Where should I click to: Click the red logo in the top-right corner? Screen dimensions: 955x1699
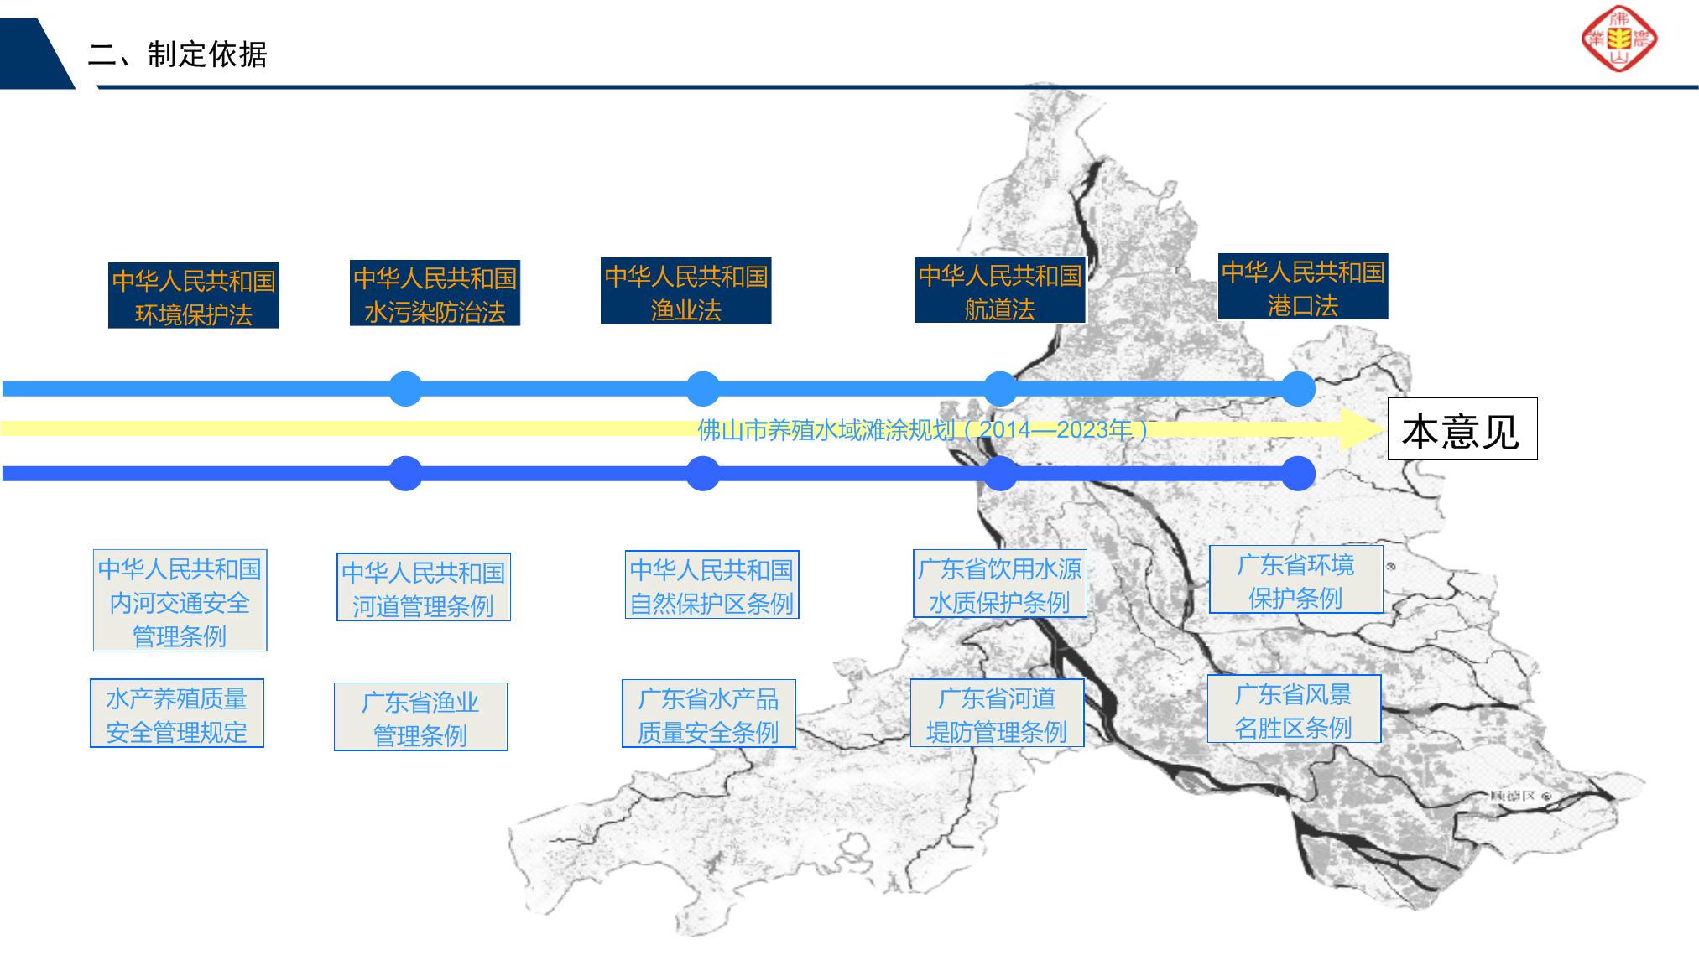(1618, 39)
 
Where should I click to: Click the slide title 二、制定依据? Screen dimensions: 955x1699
(178, 54)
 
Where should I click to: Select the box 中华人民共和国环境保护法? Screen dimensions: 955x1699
(193, 296)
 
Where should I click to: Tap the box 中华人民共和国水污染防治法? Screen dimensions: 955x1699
(435, 293)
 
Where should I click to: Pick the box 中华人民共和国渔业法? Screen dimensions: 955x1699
(685, 292)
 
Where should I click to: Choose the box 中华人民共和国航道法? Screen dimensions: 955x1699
(999, 291)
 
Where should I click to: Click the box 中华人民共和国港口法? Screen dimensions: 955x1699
(1302, 287)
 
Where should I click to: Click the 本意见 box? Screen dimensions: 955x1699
(1462, 429)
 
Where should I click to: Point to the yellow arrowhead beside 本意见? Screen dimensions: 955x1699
(1360, 429)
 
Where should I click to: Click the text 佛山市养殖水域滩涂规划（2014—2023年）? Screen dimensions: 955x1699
(923, 430)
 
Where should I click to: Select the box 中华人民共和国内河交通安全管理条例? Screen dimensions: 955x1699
(180, 601)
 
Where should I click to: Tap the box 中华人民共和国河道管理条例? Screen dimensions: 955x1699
(423, 588)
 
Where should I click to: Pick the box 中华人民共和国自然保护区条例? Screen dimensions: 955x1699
(711, 585)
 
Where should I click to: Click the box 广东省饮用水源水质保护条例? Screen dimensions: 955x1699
(999, 584)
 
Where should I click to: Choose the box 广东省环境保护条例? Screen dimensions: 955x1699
(1295, 580)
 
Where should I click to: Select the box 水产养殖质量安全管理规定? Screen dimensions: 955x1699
(176, 714)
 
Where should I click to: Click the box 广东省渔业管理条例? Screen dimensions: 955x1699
(420, 718)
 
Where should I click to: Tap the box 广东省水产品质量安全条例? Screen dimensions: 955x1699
(708, 714)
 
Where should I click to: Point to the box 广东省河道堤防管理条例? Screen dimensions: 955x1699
(997, 714)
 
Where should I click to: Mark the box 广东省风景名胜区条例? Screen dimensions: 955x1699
(1293, 709)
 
